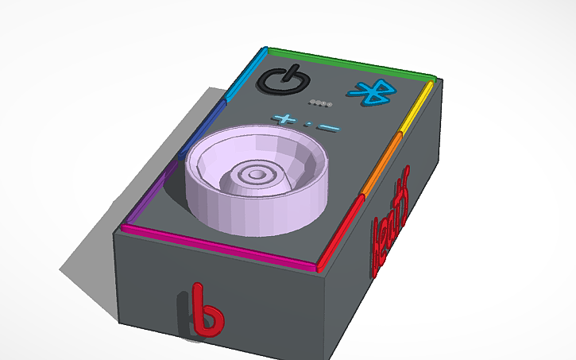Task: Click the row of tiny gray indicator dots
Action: (320, 103)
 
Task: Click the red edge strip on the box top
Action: (342, 230)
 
